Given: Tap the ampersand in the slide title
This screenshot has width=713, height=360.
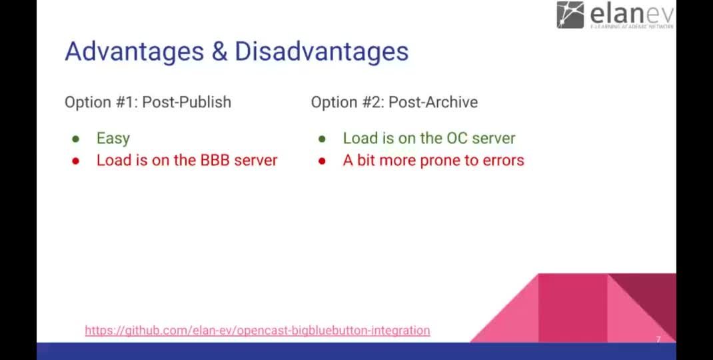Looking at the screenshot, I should (x=219, y=51).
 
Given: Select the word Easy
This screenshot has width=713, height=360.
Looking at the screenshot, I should (x=113, y=139).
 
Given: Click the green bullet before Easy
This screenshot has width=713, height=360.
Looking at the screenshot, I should (x=76, y=139).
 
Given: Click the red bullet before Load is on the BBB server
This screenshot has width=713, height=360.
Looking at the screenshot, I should (x=76, y=161).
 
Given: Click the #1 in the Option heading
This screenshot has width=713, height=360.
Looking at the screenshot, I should (x=126, y=102).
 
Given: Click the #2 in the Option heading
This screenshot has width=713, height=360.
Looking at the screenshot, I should (x=373, y=102).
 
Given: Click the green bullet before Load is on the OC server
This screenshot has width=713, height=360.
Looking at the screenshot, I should (x=322, y=139).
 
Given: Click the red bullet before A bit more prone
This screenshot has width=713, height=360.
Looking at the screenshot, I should (x=322, y=161).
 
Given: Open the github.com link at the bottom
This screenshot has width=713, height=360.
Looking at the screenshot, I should (x=257, y=330).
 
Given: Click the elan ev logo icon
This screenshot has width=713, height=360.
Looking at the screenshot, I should (x=570, y=15).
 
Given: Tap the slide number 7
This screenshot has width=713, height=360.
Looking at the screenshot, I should (x=658, y=340).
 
